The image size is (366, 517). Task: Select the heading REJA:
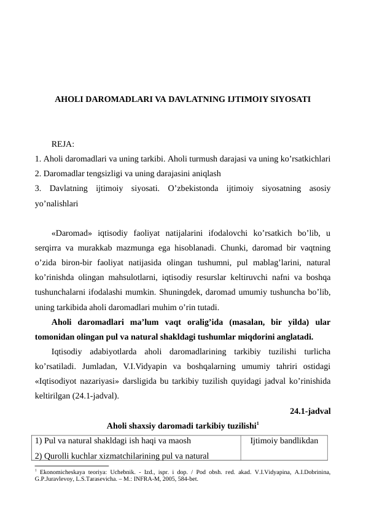tap(63, 144)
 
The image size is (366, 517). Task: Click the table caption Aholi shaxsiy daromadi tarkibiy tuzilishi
tap(182, 425)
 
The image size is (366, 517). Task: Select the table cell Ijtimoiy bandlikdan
tap(285, 441)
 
